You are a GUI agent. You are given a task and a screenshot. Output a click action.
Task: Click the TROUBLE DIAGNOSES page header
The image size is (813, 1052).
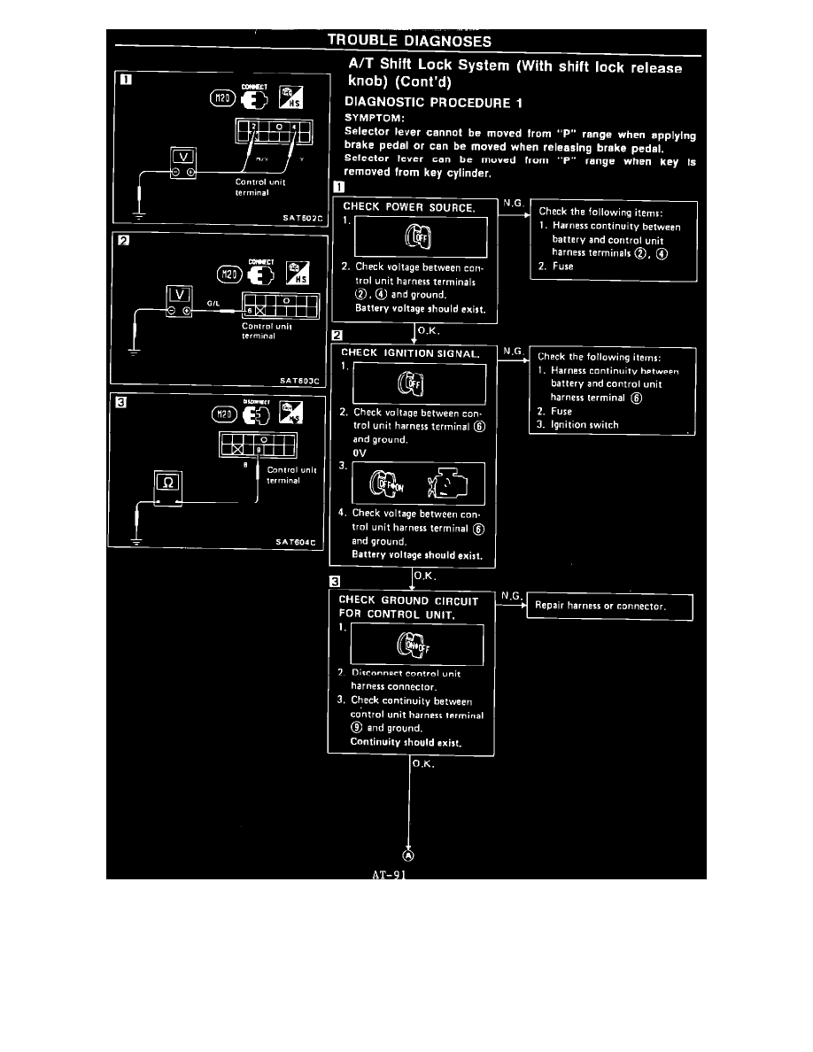pyautogui.click(x=409, y=41)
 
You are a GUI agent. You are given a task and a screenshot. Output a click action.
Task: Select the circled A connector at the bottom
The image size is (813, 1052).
pyautogui.click(x=408, y=855)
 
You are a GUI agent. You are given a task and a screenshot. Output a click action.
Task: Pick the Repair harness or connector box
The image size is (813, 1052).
pyautogui.click(x=608, y=607)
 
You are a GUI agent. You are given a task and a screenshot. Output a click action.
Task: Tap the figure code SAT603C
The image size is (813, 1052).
pyautogui.click(x=302, y=381)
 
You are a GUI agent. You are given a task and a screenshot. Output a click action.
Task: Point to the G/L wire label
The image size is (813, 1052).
pyautogui.click(x=213, y=304)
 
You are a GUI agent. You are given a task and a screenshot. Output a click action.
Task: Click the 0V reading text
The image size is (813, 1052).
pyautogui.click(x=360, y=453)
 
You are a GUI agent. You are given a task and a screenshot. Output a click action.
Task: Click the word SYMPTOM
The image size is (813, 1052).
pyautogui.click(x=375, y=117)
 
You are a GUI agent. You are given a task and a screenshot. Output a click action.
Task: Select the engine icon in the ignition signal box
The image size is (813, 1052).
pyautogui.click(x=443, y=485)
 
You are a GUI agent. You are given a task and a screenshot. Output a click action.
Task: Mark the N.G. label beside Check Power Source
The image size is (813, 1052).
pyautogui.click(x=512, y=203)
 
